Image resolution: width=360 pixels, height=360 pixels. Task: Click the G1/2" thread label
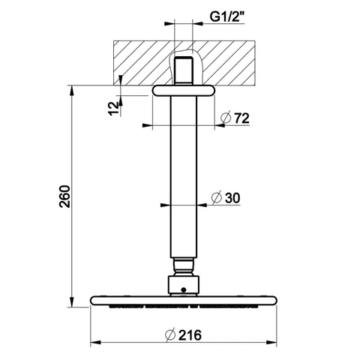coord(227,17)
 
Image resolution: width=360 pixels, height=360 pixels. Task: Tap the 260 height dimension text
coord(64,196)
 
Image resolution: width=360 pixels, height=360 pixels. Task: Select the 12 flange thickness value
coord(114,109)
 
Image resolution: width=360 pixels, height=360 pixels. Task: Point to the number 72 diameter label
coord(241,118)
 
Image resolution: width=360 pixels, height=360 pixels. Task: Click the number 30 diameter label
coord(232,198)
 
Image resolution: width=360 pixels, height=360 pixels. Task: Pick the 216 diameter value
coord(190,335)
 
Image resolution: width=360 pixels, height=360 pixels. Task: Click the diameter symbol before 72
coord(226,118)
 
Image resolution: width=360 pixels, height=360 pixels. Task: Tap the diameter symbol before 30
coord(217,198)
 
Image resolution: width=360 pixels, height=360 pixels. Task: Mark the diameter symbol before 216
coord(170,335)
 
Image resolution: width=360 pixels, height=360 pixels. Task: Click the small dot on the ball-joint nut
coord(184,290)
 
